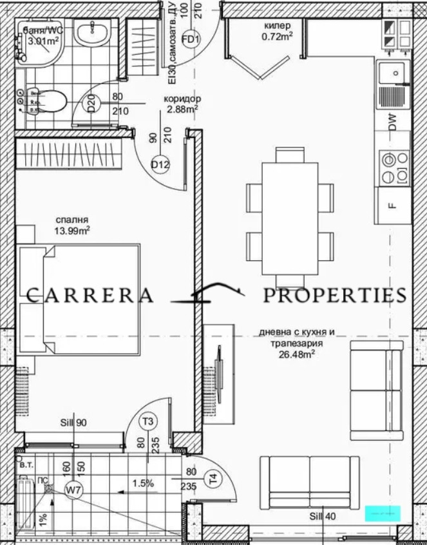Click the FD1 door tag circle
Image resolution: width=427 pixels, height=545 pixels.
pyautogui.click(x=190, y=39)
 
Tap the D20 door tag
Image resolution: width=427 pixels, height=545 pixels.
pyautogui.click(x=92, y=103)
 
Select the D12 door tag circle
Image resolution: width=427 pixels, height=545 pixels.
pyautogui.click(x=160, y=165)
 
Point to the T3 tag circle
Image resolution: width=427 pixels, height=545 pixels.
pyautogui.click(x=149, y=421)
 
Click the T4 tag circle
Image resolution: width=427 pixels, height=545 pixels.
pyautogui.click(x=213, y=478)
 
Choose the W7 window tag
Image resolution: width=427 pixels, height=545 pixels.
pyautogui.click(x=75, y=490)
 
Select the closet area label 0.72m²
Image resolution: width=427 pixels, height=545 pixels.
pyautogui.click(x=278, y=36)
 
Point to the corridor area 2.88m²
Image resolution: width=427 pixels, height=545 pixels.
pyautogui.click(x=182, y=109)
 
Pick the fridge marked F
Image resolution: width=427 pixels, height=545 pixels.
pyautogui.click(x=392, y=206)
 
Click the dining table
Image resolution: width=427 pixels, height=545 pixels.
pyautogui.click(x=289, y=218)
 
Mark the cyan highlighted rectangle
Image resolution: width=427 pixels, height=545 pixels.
pyautogui.click(x=383, y=513)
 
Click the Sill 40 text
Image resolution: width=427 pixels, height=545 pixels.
pyautogui.click(x=322, y=516)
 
